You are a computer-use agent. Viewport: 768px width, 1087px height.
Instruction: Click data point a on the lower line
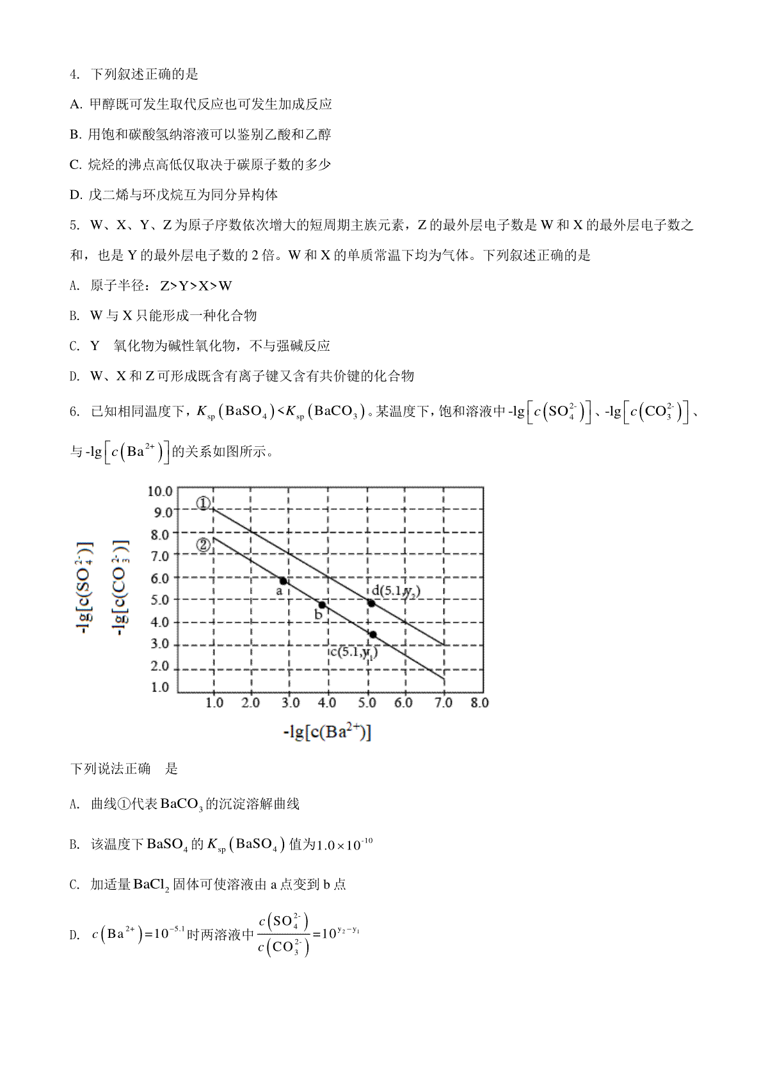pos(284,581)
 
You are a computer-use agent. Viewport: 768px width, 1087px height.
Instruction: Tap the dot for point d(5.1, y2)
pos(371,603)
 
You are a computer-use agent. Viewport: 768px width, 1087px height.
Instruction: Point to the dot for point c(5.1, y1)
pos(372,634)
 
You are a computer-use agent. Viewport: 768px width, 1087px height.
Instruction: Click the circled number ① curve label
pos(204,503)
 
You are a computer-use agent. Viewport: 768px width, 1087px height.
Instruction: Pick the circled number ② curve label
pos(204,545)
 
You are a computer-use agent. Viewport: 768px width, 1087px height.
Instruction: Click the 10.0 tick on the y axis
pos(160,492)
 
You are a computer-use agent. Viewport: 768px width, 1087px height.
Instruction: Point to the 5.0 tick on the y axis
pos(160,600)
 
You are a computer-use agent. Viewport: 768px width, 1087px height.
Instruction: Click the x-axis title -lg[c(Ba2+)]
pos(327,732)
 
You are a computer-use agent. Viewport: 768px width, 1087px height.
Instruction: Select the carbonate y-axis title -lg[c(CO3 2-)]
pos(121,588)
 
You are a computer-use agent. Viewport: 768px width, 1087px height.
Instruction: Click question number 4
pos(74,74)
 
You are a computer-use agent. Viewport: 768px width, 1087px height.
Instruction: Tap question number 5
pos(74,225)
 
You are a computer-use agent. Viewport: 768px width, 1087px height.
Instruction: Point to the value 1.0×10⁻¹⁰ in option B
pos(345,844)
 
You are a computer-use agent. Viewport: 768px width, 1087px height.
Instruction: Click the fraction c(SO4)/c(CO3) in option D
pos(284,935)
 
